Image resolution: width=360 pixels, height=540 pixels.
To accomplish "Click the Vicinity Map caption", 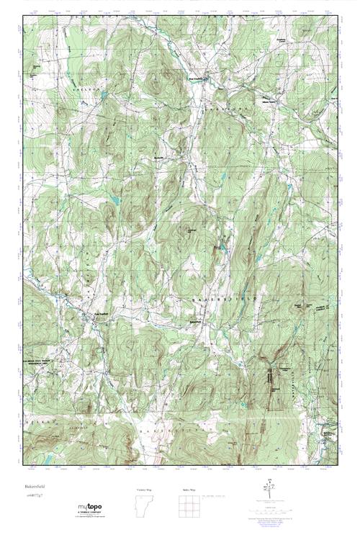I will (144, 489).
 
